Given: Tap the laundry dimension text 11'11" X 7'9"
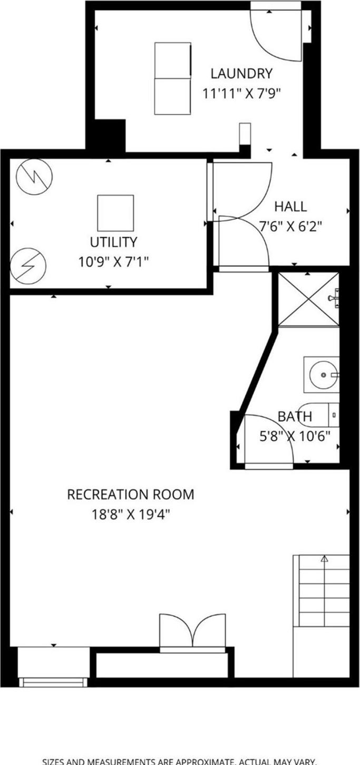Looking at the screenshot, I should pos(241,94).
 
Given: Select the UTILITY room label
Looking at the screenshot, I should pos(113,242).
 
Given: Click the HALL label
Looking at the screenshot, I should pos(290,207).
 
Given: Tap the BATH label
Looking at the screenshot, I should pos(295,417).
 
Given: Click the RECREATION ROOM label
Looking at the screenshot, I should pos(130,495).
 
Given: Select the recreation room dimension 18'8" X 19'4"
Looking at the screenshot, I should pos(130,514).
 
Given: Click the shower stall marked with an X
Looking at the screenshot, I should pos(308,299).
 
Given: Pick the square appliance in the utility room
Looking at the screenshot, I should pos(115,213).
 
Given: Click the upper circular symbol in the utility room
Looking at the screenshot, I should pos(34,177).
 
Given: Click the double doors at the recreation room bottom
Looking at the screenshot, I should pos(192,631).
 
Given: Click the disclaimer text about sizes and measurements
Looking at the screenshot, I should pos(180,761).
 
